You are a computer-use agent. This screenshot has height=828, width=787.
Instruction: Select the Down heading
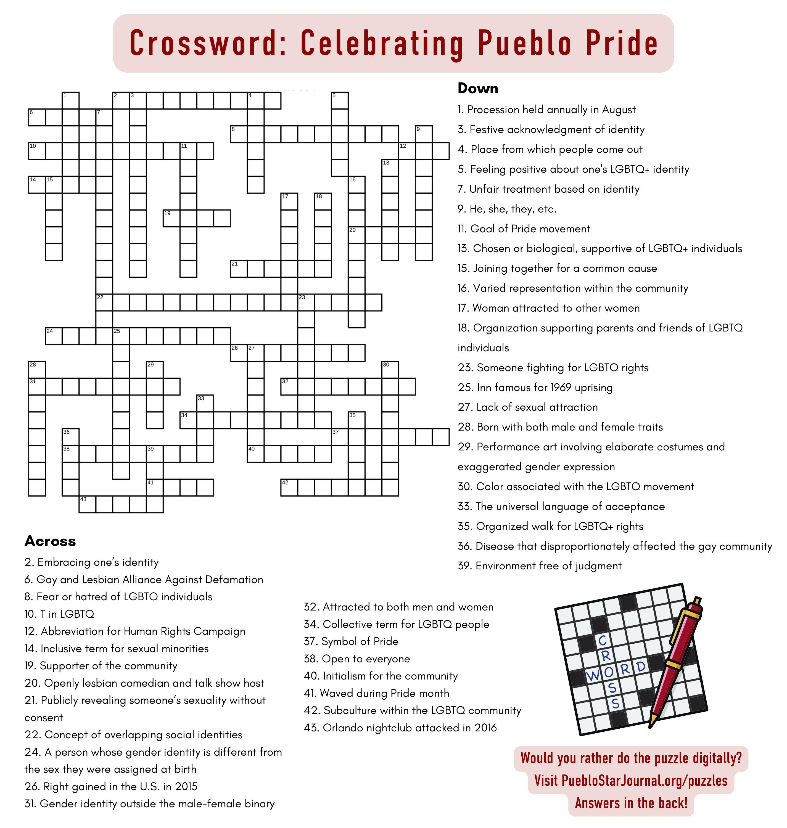(478, 89)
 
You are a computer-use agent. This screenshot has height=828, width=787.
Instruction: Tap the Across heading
(50, 541)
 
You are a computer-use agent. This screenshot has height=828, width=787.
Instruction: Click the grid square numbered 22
(104, 302)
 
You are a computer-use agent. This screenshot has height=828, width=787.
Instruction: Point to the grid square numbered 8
(239, 134)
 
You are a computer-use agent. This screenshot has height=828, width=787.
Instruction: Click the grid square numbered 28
(37, 369)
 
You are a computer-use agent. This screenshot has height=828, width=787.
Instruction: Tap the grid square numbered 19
(171, 218)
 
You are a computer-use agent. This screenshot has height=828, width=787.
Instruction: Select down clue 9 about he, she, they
(507, 209)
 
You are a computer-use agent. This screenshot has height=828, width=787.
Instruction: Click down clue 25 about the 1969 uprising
(535, 388)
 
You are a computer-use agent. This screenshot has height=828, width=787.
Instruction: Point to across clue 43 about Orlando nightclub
(400, 727)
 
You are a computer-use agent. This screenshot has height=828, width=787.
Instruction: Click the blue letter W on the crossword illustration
(592, 676)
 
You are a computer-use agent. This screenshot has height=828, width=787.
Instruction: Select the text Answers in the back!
(631, 803)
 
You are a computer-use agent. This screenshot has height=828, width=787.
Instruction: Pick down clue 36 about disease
(615, 546)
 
